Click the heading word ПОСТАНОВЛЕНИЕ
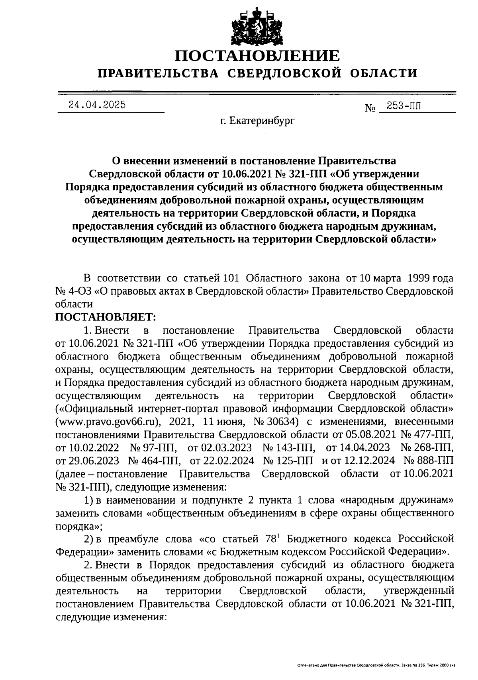258,56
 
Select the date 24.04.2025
97,105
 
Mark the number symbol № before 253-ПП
370,108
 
